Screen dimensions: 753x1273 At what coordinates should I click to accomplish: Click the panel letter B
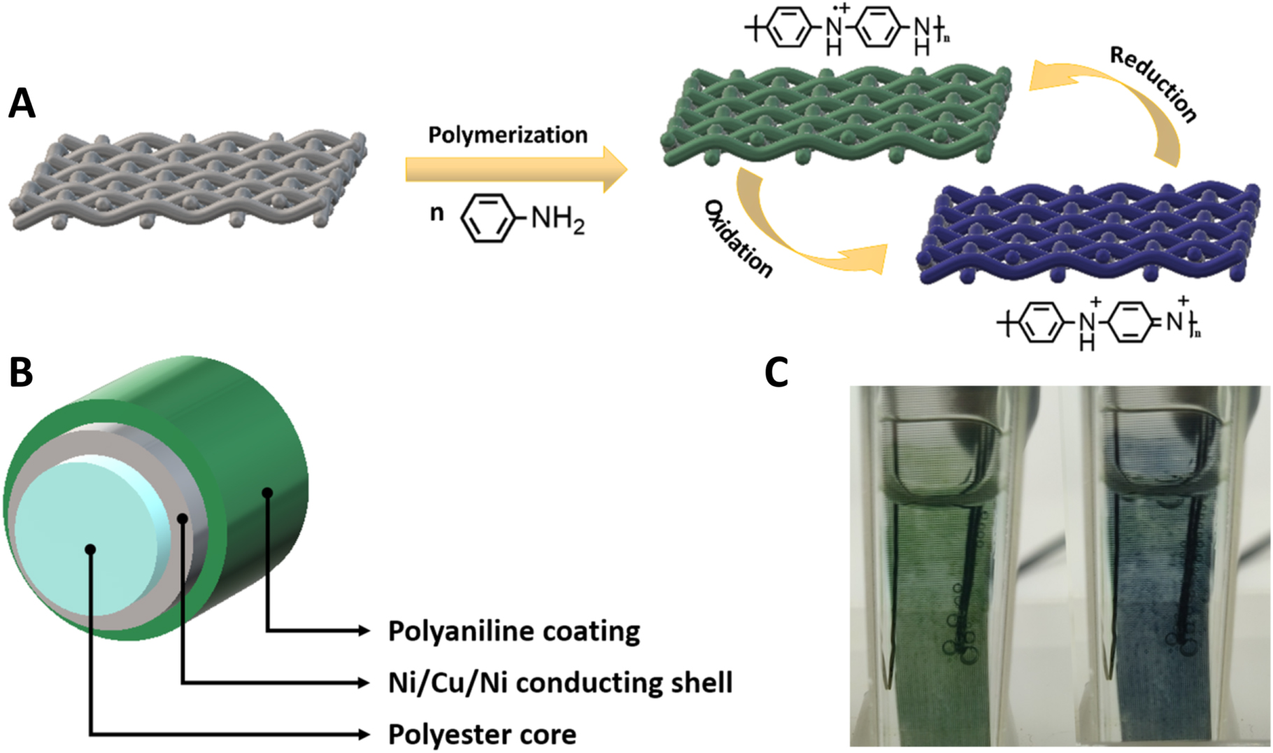tap(21, 372)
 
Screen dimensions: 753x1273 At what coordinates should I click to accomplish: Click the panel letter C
tap(776, 372)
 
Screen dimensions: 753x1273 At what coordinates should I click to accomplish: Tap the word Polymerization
tap(508, 134)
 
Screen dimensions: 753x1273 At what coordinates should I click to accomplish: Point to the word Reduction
tap(1154, 84)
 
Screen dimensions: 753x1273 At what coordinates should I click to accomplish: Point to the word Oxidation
tap(739, 238)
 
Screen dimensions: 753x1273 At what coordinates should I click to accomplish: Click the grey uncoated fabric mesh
tap(187, 178)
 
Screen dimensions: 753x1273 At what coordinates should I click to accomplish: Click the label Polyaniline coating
tap(514, 631)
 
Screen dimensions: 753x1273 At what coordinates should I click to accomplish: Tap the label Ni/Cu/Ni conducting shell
tap(560, 682)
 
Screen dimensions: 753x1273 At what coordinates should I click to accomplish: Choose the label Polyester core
tap(482, 735)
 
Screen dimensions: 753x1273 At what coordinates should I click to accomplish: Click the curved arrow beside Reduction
tap(1126, 98)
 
